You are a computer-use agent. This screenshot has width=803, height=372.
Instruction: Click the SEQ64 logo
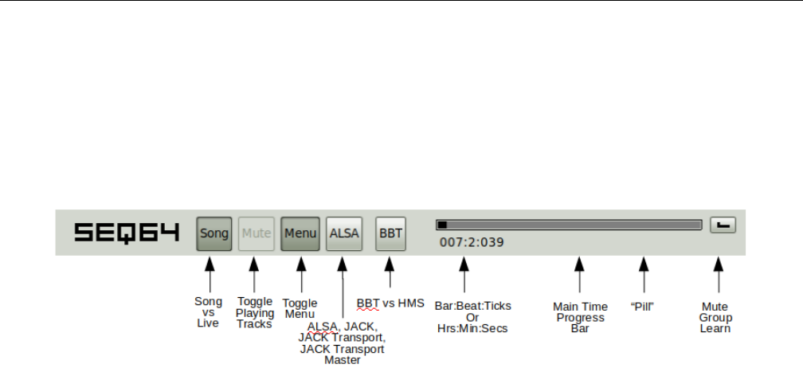click(126, 233)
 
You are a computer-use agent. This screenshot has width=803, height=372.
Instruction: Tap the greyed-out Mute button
click(257, 233)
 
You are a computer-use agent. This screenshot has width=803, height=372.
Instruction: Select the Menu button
click(300, 233)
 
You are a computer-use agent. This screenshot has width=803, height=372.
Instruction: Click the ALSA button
click(344, 233)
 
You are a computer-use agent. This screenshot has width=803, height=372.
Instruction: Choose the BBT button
click(390, 233)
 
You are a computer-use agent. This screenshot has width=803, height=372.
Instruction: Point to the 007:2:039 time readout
click(472, 243)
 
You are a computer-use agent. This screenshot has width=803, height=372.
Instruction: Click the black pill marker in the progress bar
click(442, 225)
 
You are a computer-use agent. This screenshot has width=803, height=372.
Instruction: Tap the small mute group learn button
click(723, 225)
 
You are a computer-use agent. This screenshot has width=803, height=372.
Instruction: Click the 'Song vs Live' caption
click(208, 312)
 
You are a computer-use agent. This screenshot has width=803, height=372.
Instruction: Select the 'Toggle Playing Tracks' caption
click(254, 312)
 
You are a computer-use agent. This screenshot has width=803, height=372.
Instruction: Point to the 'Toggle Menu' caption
click(300, 308)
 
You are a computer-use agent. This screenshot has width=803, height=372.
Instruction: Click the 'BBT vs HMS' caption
click(390, 303)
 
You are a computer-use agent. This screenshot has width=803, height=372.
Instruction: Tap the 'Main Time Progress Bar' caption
click(580, 317)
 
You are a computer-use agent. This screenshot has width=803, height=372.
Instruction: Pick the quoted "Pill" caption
click(642, 306)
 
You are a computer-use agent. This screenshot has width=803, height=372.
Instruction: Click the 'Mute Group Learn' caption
click(715, 317)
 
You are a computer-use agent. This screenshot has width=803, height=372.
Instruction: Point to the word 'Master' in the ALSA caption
click(342, 360)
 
